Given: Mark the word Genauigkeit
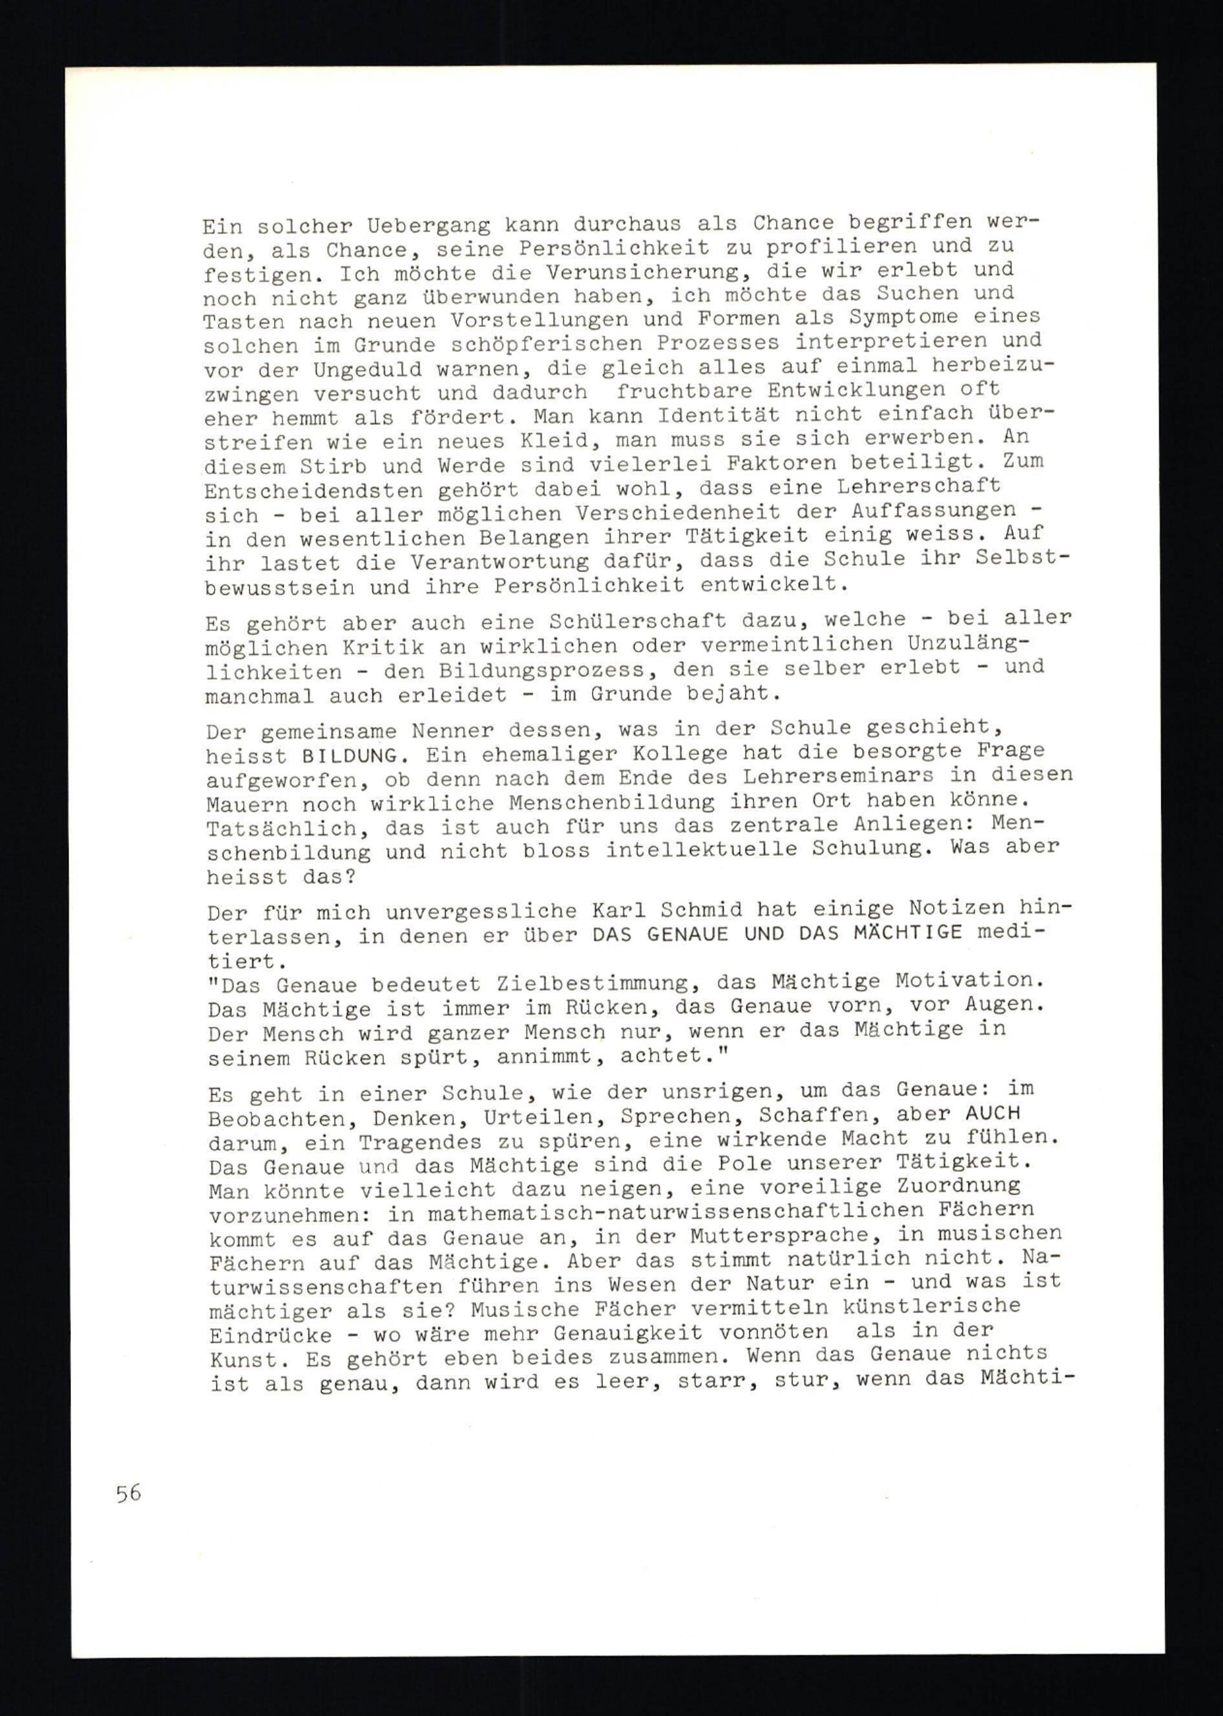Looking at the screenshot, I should pyautogui.click(x=628, y=1334).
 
